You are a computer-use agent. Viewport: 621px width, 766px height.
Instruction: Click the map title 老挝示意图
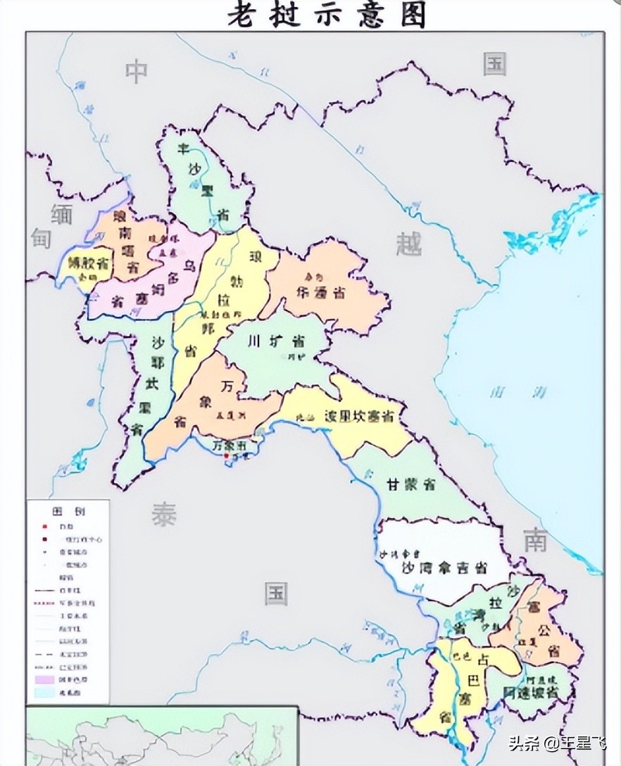326,14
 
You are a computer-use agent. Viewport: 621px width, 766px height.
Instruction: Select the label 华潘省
320,294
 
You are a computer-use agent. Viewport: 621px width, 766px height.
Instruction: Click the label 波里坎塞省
358,416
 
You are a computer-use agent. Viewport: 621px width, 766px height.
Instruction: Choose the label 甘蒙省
410,484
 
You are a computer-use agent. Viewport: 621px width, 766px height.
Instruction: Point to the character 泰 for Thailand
163,515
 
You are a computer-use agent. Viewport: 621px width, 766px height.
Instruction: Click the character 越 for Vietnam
408,244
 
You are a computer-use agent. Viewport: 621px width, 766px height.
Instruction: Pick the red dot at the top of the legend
44,526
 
